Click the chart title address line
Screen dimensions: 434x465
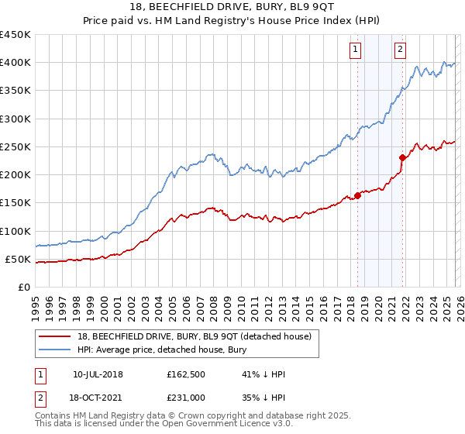232,8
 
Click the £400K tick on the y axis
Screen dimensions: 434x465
15,63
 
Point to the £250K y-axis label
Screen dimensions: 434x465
15,146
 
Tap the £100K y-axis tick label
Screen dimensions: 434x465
15,231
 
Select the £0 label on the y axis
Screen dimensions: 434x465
24,287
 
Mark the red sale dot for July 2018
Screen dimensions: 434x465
357,195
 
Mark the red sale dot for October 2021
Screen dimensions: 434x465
402,157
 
